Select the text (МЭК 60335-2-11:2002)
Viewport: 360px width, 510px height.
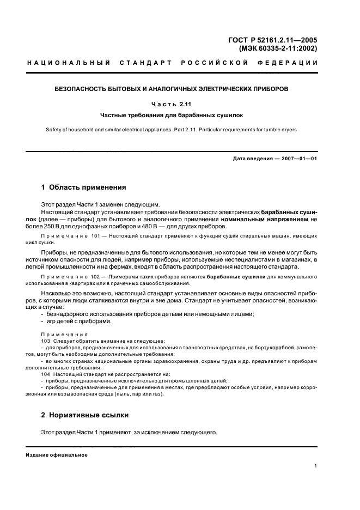pos(278,48)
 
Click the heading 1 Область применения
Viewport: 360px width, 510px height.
pos(83,187)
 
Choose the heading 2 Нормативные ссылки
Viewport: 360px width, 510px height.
pos(85,415)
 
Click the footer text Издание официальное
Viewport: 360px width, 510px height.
pos(56,455)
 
